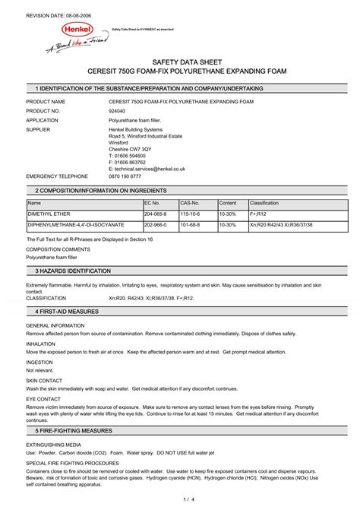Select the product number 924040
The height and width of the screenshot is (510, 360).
pos(118,110)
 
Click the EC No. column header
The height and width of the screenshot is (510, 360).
pos(152,204)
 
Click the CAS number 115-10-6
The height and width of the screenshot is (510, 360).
pos(190,215)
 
